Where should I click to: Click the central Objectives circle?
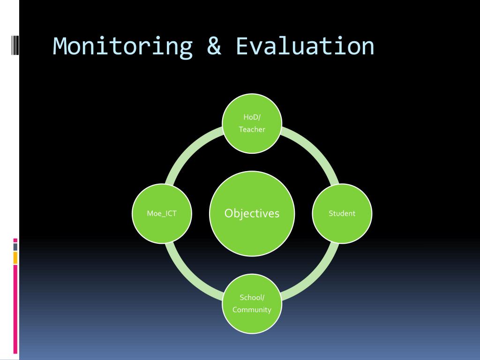[252, 213]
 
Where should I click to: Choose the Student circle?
[342, 213]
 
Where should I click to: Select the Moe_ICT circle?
[162, 213]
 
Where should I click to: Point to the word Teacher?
[252, 129]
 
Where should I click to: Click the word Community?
[252, 310]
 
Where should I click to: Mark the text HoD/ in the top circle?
[252, 117]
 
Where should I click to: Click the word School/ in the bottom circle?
[252, 297]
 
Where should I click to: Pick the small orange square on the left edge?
[15, 257]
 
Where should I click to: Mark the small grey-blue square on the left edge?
[15, 247]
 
